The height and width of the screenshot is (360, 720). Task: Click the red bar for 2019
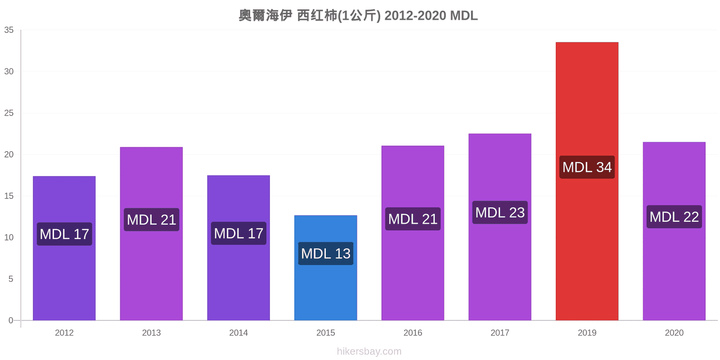[x=587, y=181]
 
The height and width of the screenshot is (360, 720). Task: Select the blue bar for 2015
[x=326, y=268]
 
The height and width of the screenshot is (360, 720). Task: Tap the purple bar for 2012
[x=64, y=248]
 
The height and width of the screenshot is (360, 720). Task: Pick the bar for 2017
[x=500, y=227]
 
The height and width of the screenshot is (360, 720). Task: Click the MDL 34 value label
[x=587, y=167]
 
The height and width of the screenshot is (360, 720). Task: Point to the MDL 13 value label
[x=326, y=254]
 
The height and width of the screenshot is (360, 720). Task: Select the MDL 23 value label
[x=500, y=212]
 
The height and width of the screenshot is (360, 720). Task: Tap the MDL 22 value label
[x=674, y=216]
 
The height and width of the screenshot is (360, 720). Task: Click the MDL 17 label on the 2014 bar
[x=238, y=234]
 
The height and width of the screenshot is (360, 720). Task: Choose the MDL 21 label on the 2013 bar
[x=151, y=220]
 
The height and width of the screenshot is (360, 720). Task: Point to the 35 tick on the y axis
[x=9, y=30]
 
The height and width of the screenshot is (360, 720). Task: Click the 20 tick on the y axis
[x=9, y=155]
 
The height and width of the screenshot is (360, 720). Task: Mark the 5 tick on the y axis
[x=11, y=279]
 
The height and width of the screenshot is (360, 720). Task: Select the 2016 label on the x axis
[x=413, y=333]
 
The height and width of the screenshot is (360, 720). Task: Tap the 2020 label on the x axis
[x=674, y=333]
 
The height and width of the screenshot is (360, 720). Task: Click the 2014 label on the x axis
[x=238, y=333]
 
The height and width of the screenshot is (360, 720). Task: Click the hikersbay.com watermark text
[x=369, y=351]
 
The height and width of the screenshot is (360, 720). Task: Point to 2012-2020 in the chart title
[x=415, y=15]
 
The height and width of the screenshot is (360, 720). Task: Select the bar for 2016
[x=413, y=233]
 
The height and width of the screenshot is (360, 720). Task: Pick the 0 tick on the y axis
[x=11, y=320]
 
